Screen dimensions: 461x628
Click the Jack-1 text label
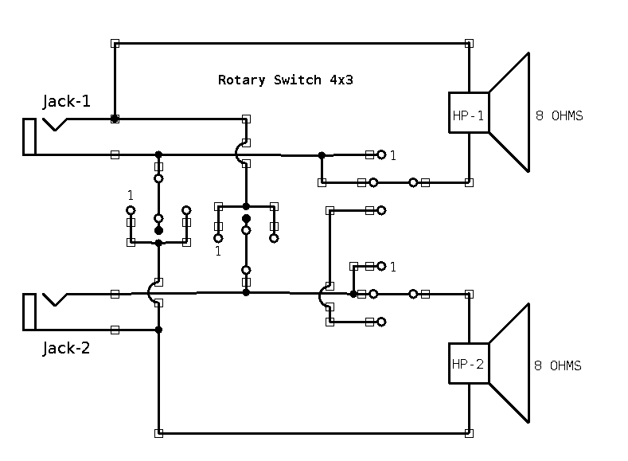[67, 102]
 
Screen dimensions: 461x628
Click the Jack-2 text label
[67, 348]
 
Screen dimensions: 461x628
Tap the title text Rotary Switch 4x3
[285, 80]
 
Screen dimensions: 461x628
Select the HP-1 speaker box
[469, 116]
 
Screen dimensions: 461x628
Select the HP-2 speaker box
[469, 365]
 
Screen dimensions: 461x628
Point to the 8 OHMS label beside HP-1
[559, 116]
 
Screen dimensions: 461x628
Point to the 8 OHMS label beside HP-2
[557, 366]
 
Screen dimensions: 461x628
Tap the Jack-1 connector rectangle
[29, 136]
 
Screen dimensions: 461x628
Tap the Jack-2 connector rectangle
[29, 311]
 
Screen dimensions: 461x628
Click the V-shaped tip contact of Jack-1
[54, 123]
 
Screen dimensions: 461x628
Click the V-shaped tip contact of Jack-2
[54, 299]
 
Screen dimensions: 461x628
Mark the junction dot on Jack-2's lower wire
[158, 330]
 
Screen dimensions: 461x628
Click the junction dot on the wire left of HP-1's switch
[322, 154]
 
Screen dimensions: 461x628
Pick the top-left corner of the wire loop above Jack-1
[115, 43]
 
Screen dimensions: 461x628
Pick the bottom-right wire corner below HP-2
[469, 433]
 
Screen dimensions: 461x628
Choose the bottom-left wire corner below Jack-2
[158, 433]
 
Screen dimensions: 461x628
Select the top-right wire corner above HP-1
[469, 43]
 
